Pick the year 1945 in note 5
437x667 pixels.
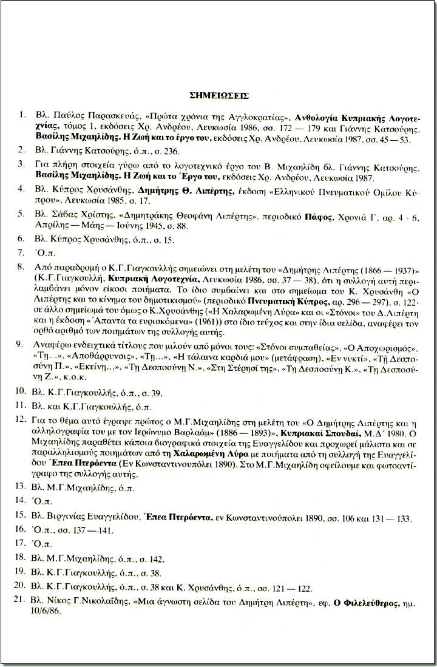[137, 226]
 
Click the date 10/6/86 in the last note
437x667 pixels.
[46, 615]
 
